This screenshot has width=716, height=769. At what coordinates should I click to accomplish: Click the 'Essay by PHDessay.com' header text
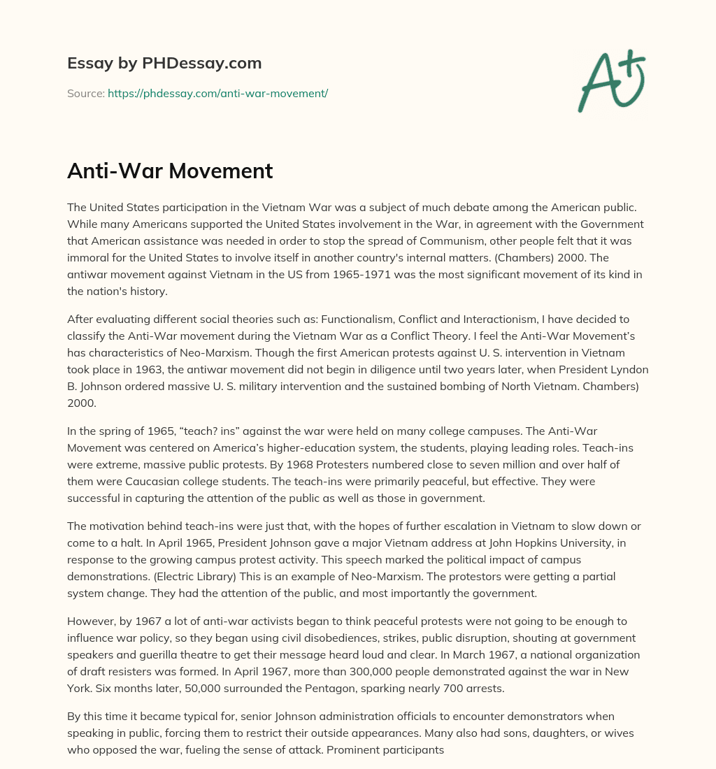coord(164,64)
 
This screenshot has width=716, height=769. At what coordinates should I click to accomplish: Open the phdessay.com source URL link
coord(217,93)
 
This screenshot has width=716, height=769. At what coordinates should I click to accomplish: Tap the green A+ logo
coord(610,82)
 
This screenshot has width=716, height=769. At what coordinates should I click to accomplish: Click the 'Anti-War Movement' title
coord(170,171)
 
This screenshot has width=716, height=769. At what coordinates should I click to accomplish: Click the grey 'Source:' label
coord(86,93)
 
